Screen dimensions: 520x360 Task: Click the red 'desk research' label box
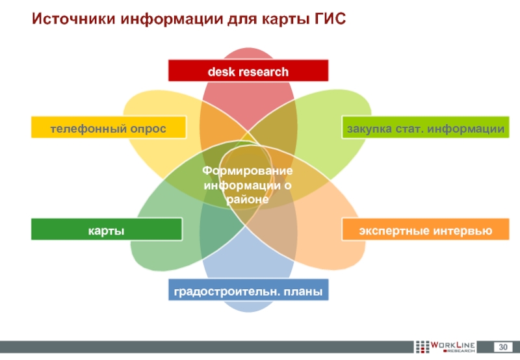248,71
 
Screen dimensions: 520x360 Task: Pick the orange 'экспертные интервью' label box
426,230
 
